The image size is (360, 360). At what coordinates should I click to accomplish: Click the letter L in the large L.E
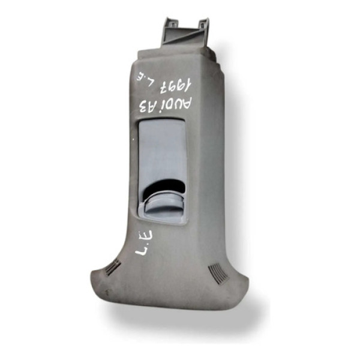(x=142, y=250)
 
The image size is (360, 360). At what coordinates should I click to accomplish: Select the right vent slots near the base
(x=218, y=274)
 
